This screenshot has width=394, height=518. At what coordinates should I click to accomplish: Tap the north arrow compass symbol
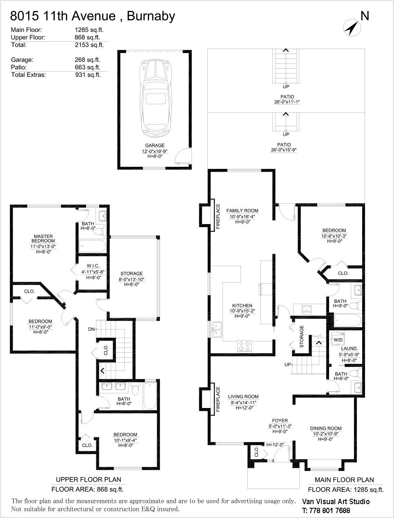click(x=352, y=28)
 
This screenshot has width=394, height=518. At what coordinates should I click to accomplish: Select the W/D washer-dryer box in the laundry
click(x=338, y=340)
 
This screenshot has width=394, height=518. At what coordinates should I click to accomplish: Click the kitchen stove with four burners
click(x=245, y=346)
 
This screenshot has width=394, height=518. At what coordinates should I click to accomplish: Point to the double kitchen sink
click(x=216, y=330)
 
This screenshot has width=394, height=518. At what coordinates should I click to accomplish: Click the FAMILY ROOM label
click(x=242, y=211)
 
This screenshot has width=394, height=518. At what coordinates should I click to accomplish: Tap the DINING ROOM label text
click(x=326, y=428)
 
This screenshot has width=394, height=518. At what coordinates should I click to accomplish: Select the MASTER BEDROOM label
click(x=43, y=238)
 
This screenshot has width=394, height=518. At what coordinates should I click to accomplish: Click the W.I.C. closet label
click(x=93, y=266)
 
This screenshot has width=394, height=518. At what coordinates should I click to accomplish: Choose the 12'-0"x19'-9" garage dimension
click(x=154, y=151)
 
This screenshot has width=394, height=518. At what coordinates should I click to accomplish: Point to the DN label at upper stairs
click(x=91, y=329)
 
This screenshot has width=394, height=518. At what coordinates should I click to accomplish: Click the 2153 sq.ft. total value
click(x=89, y=45)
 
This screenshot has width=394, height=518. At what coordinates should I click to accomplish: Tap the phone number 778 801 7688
click(x=329, y=511)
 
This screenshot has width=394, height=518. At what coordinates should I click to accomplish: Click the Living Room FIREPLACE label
click(x=218, y=399)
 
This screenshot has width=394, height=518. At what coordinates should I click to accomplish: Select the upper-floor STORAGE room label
click(x=131, y=273)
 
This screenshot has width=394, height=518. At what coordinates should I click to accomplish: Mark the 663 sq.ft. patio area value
click(x=87, y=67)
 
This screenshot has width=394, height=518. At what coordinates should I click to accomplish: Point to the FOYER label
click(x=280, y=420)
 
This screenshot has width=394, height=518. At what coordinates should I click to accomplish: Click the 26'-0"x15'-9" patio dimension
click(x=283, y=150)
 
